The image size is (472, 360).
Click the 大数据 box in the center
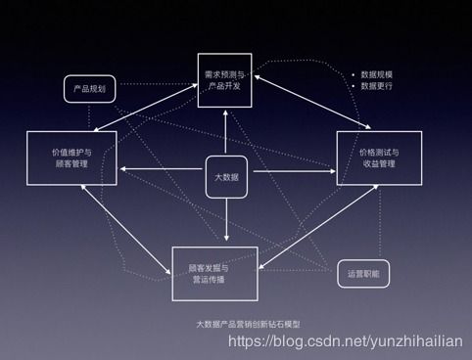click(x=226, y=177)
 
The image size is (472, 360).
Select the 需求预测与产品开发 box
click(x=224, y=80)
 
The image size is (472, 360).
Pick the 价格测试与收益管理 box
click(x=378, y=157)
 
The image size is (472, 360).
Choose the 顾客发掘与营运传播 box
click(x=215, y=273)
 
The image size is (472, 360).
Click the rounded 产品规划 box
click(x=91, y=89)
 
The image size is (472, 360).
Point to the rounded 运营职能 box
click(x=362, y=273)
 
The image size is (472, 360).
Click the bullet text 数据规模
click(x=377, y=73)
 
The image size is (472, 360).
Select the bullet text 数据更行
click(x=377, y=86)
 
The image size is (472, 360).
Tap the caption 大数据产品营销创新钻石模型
click(x=236, y=323)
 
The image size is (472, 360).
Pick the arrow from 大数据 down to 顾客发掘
click(x=226, y=220)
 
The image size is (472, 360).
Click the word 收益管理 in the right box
click(x=378, y=164)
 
